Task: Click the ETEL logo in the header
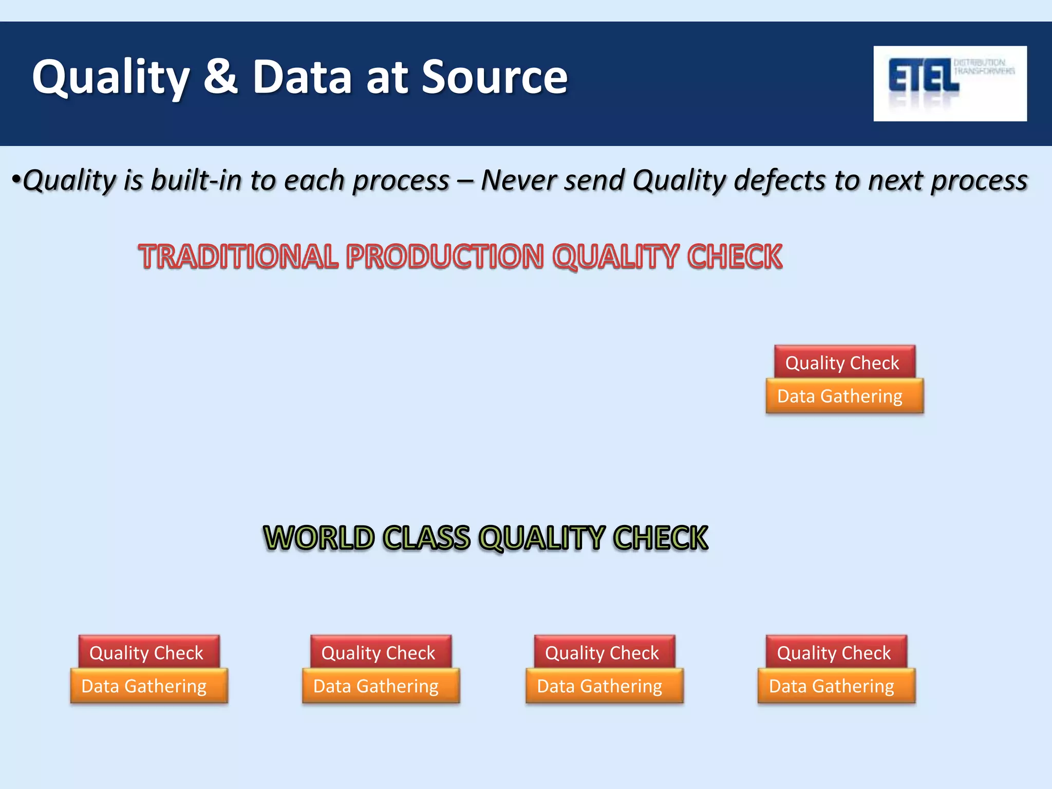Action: [949, 83]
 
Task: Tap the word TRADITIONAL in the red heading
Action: [239, 257]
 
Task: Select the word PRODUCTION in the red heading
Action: [445, 257]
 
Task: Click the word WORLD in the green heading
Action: [319, 538]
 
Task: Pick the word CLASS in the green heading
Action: [427, 538]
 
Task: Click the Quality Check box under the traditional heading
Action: [844, 363]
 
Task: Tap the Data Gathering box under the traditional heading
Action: [844, 396]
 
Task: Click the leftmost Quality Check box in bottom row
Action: [148, 652]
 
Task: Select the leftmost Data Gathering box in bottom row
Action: [148, 686]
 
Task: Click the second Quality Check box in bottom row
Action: [380, 652]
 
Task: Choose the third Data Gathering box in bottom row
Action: [604, 686]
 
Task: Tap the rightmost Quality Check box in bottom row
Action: [836, 652]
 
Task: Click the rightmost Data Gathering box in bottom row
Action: [836, 686]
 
